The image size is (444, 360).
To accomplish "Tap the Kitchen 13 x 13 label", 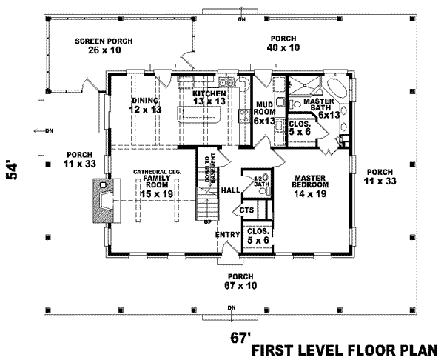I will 209,98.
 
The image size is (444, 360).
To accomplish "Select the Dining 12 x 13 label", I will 146,104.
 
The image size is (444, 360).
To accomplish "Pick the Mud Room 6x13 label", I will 265,113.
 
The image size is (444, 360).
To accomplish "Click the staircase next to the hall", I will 207,196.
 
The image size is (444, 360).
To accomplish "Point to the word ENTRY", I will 226,235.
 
